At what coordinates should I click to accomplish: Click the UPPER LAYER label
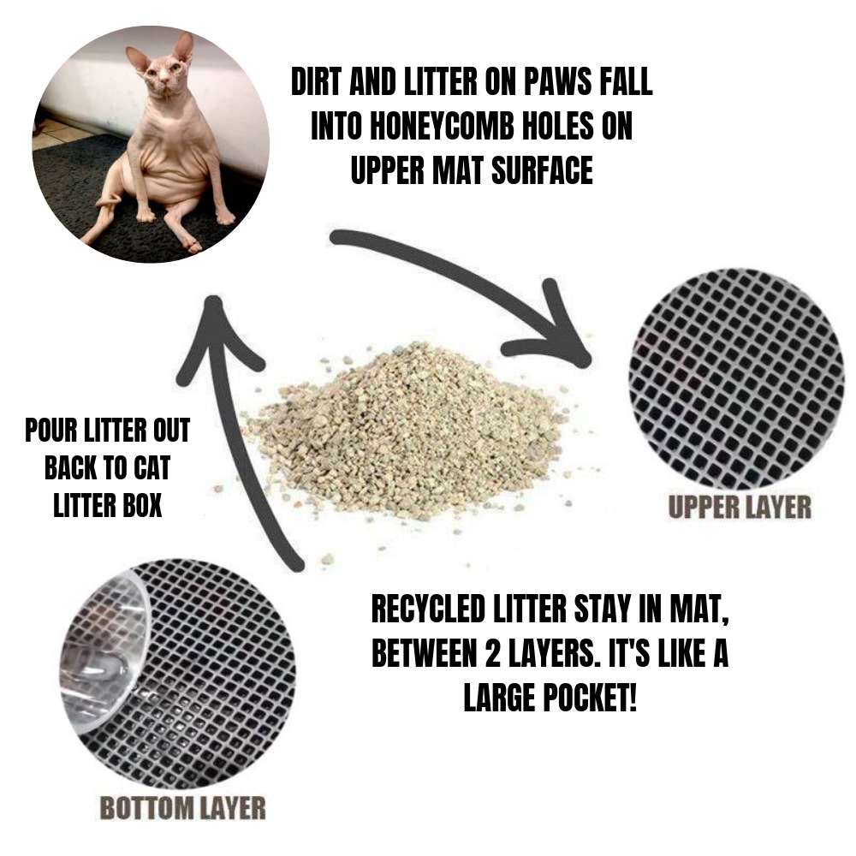[x=739, y=507]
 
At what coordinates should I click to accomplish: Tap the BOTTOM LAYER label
[x=182, y=807]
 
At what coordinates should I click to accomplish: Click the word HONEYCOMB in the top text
[x=460, y=128]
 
